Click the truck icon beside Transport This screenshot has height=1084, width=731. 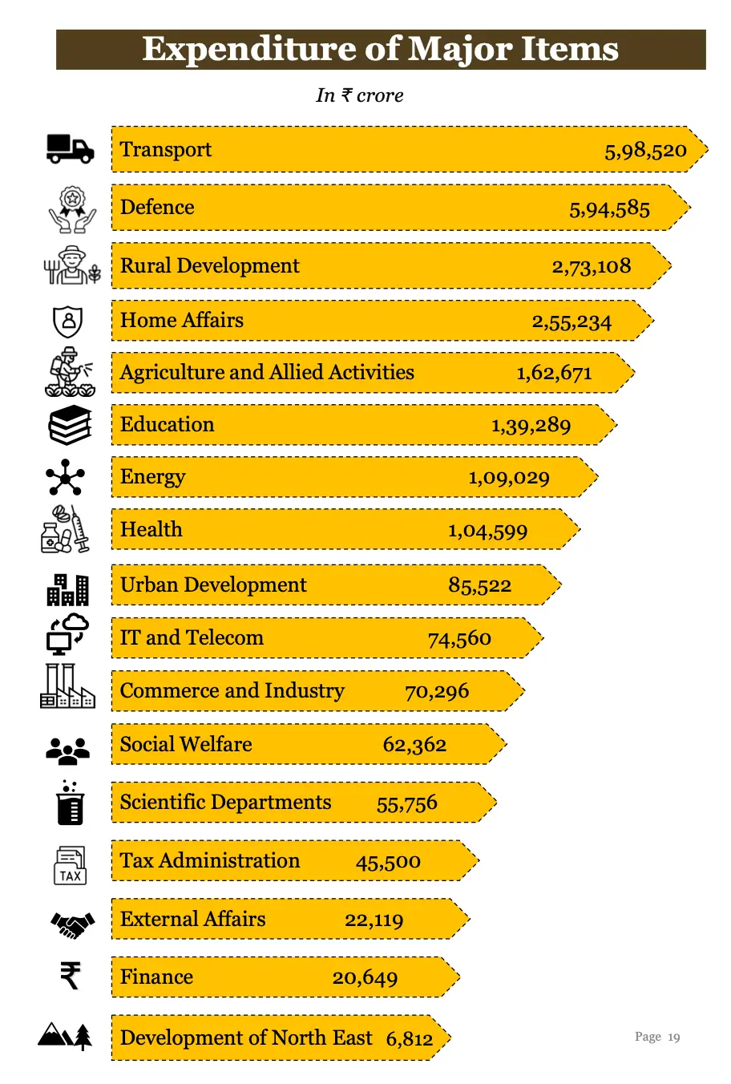point(70,148)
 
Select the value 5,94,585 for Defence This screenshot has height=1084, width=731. point(609,209)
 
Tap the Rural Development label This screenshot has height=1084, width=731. point(209,266)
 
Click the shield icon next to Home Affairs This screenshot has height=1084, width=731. point(68,322)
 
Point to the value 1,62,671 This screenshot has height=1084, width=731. point(554,373)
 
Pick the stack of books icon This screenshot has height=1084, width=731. point(70,425)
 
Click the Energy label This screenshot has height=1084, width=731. point(152,477)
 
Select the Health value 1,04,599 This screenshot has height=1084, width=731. point(487,531)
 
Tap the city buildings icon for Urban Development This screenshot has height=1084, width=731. point(67,589)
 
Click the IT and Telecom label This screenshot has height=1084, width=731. point(192,638)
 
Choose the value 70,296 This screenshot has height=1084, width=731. point(437,691)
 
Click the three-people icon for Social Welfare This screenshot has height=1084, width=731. point(68,750)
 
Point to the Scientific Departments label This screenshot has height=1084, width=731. point(225,803)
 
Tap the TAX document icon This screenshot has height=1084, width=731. point(70,866)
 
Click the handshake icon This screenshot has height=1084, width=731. point(72,925)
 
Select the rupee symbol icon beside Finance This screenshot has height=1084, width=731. point(71,976)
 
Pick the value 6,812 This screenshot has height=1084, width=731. point(409,1039)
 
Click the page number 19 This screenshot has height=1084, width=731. point(673,1037)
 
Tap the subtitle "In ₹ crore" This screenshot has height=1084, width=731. point(359,95)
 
